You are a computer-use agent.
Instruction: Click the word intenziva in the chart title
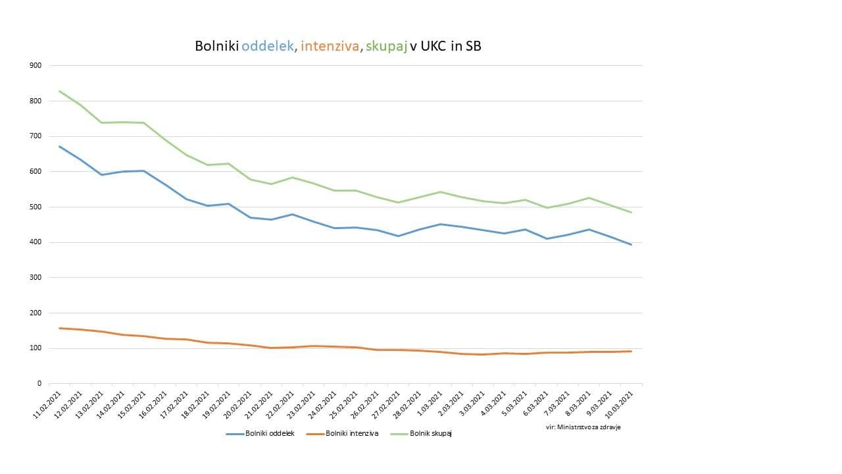330,46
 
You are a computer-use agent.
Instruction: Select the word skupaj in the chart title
387,47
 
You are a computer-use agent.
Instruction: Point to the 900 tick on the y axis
35,65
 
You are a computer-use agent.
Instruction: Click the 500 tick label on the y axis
35,207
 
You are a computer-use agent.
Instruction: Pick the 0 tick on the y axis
39,383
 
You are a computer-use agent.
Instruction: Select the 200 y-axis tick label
35,313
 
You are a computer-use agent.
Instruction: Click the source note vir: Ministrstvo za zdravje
583,427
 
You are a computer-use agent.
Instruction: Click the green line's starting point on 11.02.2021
60,91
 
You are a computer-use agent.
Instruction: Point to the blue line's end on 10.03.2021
631,245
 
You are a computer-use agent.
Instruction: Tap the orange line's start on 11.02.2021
60,328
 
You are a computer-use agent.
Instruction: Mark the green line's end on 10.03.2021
631,212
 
